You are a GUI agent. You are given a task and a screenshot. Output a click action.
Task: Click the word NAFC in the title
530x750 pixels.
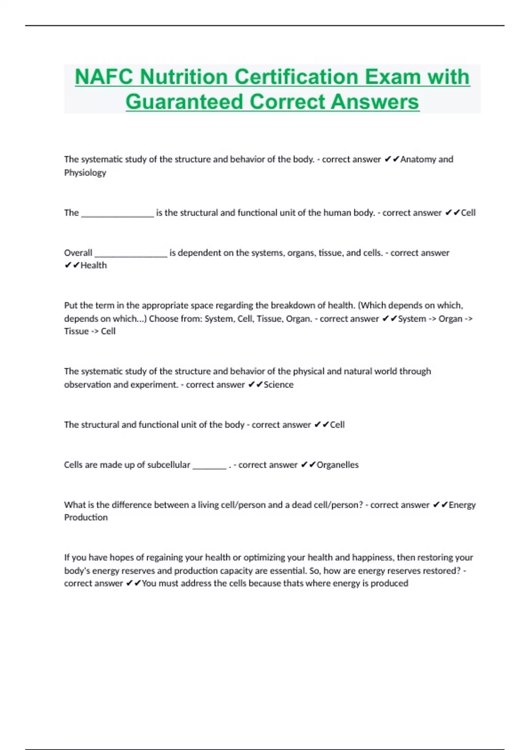[104, 77]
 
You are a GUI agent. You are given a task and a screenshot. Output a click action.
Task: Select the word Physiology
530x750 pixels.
[85, 172]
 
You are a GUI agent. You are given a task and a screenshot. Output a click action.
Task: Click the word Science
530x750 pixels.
[278, 385]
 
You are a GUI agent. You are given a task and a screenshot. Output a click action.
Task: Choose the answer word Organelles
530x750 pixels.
[337, 465]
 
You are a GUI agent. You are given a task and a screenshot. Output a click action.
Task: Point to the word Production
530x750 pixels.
[86, 517]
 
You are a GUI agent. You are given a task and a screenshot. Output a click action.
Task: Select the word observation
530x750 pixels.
[87, 385]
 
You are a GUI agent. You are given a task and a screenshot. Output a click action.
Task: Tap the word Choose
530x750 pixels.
[163, 319]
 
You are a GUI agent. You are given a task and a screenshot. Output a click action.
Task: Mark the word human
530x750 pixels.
[337, 213]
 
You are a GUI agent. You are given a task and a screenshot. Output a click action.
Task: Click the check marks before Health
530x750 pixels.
[72, 265]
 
